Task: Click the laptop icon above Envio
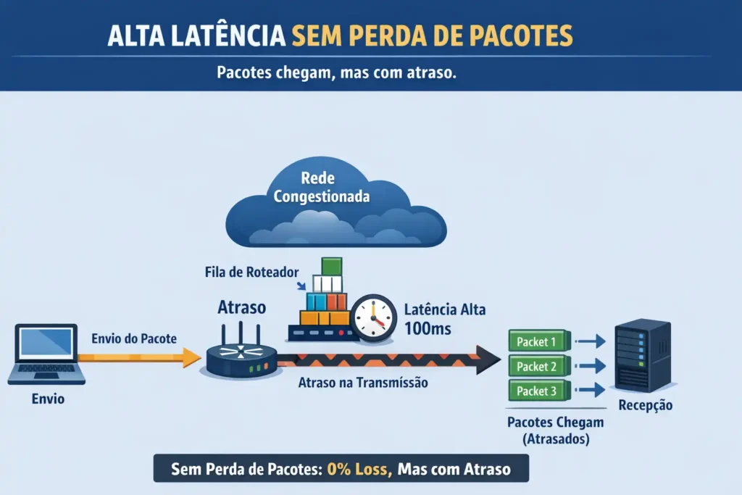[46, 354]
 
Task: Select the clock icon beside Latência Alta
[373, 317]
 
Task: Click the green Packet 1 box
[539, 341]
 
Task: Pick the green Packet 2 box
[539, 366]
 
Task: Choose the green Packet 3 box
[539, 391]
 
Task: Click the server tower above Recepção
[643, 356]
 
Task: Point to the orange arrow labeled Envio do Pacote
[140, 358]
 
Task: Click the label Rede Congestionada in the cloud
[321, 187]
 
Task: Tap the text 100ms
[428, 328]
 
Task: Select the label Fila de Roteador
[251, 272]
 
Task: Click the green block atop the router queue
[331, 267]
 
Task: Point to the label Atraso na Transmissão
[363, 383]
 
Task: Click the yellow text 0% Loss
[359, 469]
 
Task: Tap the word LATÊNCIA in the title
[228, 36]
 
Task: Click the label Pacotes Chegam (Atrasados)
[556, 430]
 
